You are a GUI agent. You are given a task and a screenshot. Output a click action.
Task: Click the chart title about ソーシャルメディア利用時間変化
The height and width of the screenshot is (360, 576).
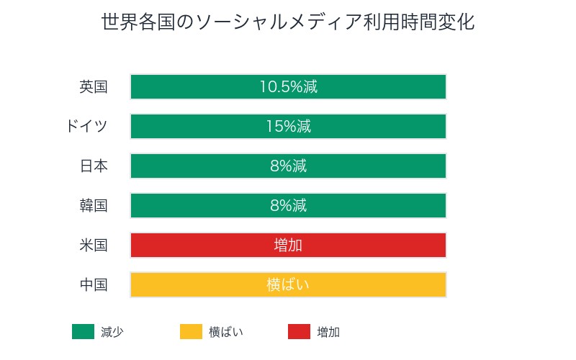coord(288,22)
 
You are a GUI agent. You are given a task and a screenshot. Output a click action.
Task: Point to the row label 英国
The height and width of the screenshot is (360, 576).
coord(94,87)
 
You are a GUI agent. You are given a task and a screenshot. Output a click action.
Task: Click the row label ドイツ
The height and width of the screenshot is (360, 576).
coord(86,127)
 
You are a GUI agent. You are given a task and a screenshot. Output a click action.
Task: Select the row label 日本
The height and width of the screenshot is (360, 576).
coord(94,166)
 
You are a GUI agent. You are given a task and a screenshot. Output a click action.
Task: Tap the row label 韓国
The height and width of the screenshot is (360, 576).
coord(94,206)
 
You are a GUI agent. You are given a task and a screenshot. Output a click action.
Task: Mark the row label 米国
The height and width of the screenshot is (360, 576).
coord(94,246)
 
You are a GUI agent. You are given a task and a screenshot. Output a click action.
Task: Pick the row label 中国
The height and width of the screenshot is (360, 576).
coord(94,285)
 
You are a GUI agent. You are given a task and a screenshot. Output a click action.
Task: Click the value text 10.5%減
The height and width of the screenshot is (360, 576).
coord(288,87)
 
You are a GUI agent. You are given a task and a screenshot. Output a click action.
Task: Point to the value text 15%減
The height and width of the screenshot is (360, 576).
coord(288,127)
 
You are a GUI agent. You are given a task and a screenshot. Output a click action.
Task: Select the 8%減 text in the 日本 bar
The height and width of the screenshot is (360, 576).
coord(288,166)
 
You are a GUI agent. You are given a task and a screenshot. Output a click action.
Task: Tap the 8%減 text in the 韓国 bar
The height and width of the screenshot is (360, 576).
coord(288,206)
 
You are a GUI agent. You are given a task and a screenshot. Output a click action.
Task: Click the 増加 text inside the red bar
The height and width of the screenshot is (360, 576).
coord(288,246)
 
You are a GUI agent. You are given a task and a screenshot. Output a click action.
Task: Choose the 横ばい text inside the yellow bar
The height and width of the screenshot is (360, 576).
coord(288,285)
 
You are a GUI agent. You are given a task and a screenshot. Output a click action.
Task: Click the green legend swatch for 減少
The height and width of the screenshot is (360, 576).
coord(83,332)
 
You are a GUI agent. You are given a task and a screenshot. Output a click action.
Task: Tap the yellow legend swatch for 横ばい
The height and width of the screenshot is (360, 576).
coord(191,332)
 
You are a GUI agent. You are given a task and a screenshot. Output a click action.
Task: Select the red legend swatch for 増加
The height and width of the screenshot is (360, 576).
coord(299,332)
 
